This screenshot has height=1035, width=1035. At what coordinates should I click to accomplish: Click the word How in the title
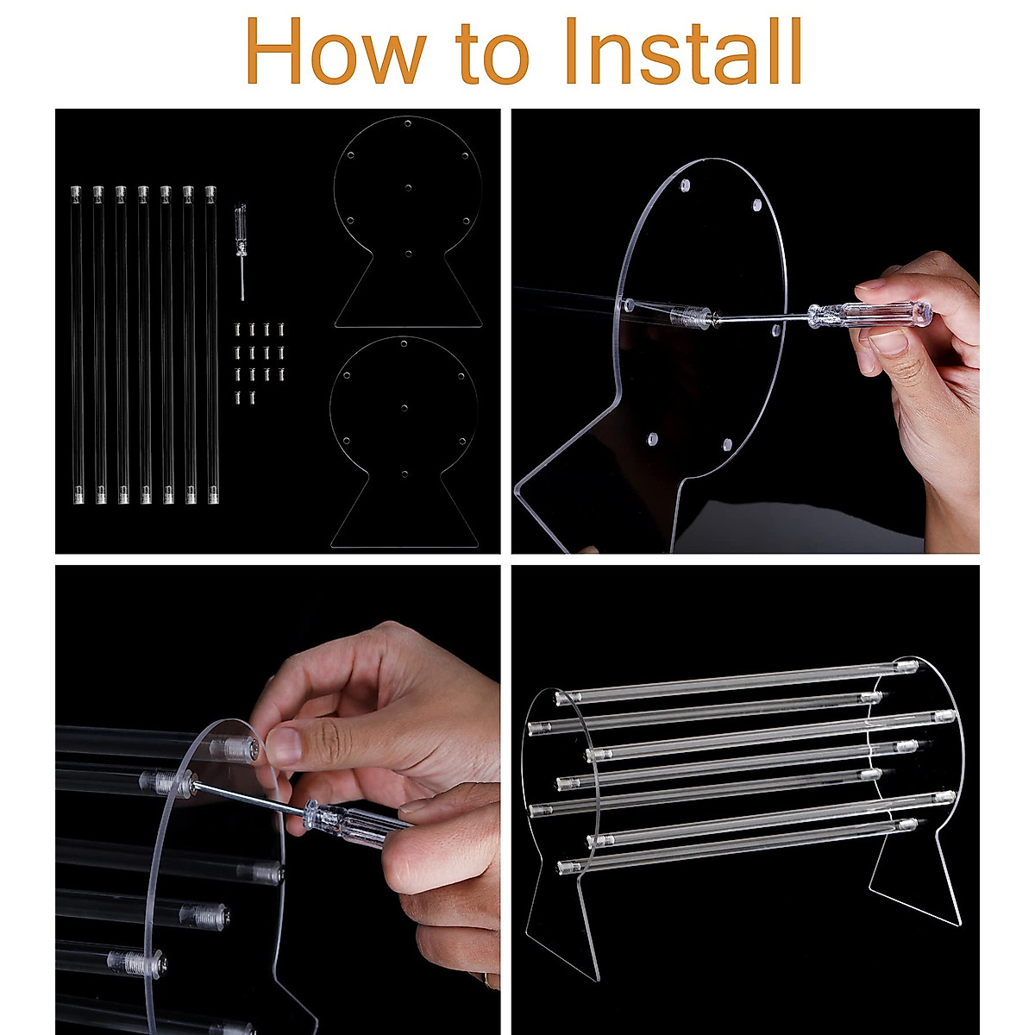tap(336, 51)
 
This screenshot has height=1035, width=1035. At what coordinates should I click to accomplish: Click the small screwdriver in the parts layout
tap(241, 251)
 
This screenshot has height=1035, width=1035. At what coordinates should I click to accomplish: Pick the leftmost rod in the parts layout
tap(77, 344)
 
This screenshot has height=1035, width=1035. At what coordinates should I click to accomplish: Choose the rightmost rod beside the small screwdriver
tap(211, 344)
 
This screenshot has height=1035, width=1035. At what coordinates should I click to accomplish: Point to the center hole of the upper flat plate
tap(408, 188)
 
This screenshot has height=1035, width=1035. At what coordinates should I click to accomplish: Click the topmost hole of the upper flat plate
tap(408, 123)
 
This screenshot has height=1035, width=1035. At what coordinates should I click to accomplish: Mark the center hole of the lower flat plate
tap(405, 408)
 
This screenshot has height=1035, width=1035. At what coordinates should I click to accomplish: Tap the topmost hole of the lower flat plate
tap(404, 344)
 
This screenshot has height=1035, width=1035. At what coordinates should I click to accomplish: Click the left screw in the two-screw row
tap(238, 398)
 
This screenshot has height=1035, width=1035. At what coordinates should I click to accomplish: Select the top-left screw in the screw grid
tap(238, 329)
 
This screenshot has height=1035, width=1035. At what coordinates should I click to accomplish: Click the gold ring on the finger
tap(487, 980)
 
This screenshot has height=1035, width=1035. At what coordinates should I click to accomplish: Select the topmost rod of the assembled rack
tap(737, 682)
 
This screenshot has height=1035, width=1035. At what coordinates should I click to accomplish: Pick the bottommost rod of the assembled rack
tap(737, 845)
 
